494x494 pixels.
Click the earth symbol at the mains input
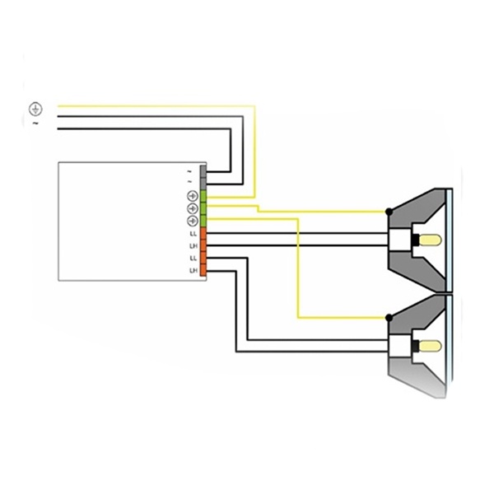coord(35,108)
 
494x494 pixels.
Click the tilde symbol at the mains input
coord(35,123)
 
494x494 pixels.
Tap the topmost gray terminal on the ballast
coord(203,170)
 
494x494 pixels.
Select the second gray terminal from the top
coord(203,181)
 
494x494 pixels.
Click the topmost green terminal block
coord(203,195)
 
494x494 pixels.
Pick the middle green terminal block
coord(203,208)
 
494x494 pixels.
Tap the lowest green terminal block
coord(203,221)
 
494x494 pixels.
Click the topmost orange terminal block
coord(203,234)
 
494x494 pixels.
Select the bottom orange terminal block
coord(203,270)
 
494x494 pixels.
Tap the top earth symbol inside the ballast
coord(193,196)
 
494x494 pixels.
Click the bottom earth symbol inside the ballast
coord(193,221)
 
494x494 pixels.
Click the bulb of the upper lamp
coord(431,240)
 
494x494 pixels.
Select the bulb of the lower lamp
coord(431,345)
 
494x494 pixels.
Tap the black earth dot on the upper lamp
coord(389,212)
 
